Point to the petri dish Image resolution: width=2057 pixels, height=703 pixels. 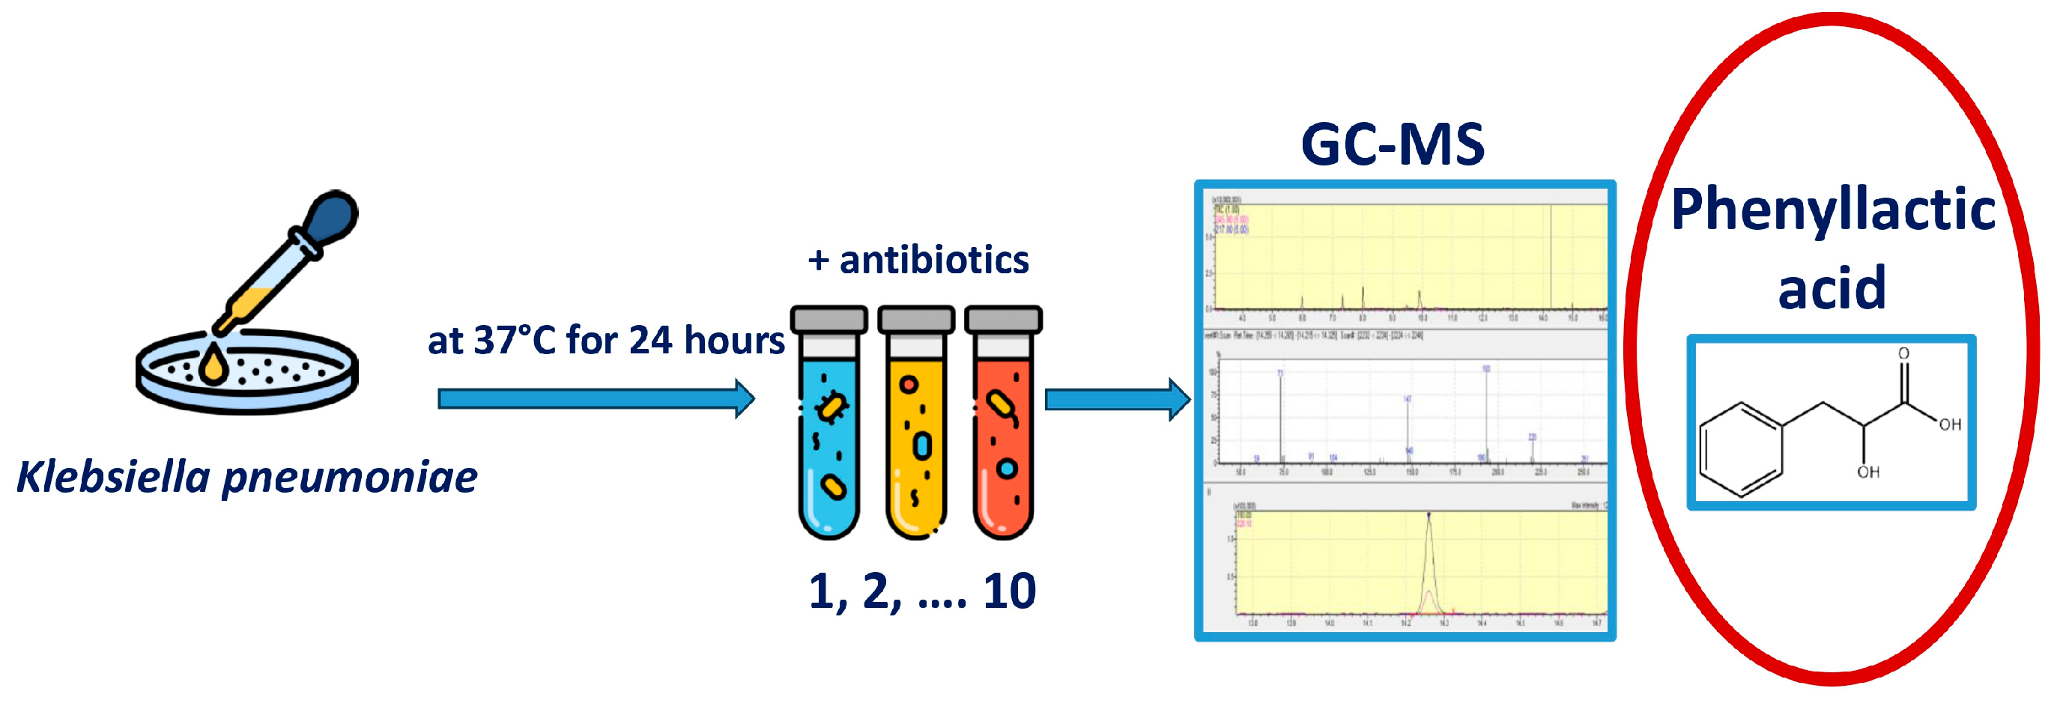[247, 375]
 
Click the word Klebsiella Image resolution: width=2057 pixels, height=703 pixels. [112, 477]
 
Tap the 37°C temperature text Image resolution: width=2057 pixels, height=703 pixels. [513, 341]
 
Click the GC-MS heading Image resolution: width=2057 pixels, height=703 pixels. [1393, 145]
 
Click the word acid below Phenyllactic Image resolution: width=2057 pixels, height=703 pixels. [1831, 287]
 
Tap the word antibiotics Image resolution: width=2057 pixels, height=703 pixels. [933, 260]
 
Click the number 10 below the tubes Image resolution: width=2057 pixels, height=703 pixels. [1009, 591]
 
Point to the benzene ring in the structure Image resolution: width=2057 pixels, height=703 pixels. [1741, 449]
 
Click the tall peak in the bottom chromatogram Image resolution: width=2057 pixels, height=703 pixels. [1429, 559]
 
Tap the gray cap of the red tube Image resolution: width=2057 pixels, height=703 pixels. [1003, 319]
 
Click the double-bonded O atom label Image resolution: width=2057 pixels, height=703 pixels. [1903, 353]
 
